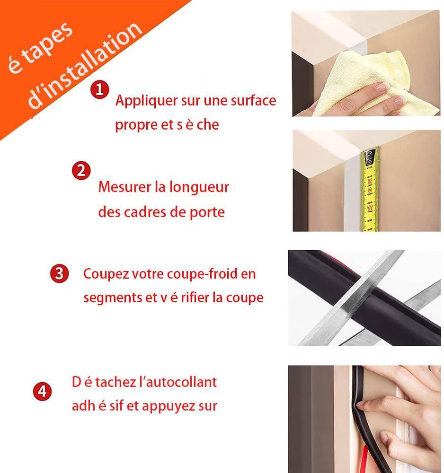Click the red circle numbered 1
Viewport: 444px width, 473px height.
click(99, 89)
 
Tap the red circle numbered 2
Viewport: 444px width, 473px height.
click(81, 170)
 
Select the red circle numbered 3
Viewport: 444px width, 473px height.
click(59, 273)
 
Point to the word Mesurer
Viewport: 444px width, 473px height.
click(124, 187)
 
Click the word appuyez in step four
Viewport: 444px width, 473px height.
click(174, 405)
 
